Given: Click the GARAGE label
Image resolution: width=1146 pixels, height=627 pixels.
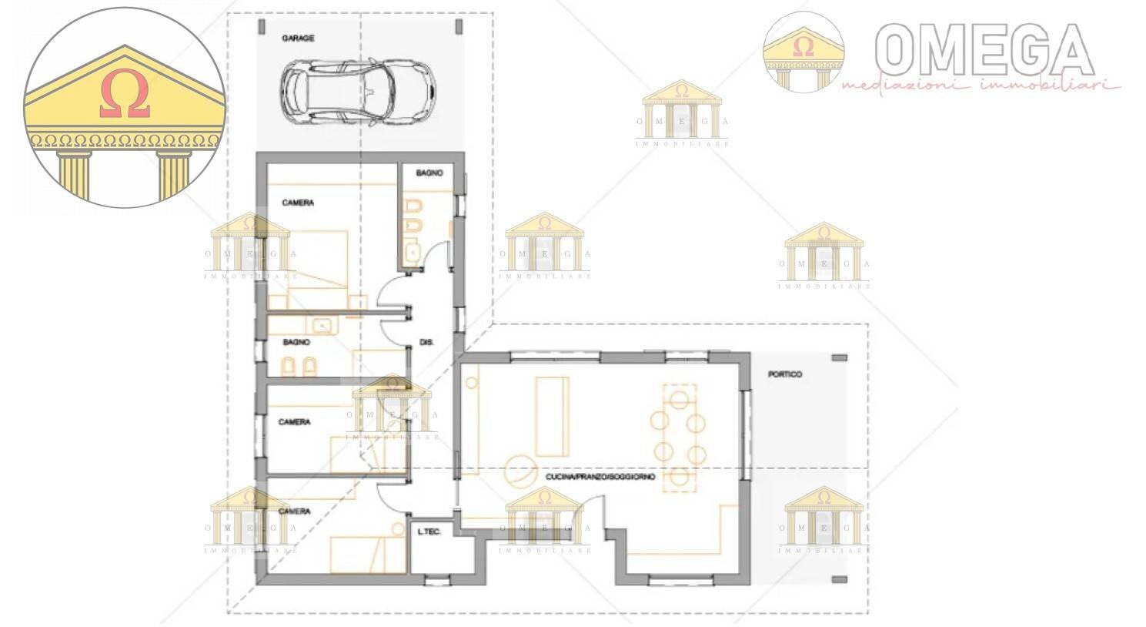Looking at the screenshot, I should pyautogui.click(x=298, y=38).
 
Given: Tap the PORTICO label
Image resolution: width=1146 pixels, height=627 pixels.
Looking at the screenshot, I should pyautogui.click(x=785, y=374).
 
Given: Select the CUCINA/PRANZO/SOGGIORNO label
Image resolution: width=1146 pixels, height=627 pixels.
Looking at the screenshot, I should pyautogui.click(x=600, y=478).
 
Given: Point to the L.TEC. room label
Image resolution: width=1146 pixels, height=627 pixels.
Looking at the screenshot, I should pyautogui.click(x=429, y=532).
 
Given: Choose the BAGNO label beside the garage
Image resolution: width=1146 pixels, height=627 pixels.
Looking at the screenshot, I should pyautogui.click(x=429, y=173).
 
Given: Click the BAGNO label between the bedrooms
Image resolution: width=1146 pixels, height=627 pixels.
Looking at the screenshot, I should pyautogui.click(x=296, y=342).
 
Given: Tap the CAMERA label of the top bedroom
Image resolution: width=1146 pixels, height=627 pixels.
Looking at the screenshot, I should pyautogui.click(x=298, y=203).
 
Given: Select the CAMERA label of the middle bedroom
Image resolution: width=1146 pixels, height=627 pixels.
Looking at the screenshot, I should pyautogui.click(x=294, y=422).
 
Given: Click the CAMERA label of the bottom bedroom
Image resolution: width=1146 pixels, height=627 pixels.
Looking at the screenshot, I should pyautogui.click(x=294, y=511).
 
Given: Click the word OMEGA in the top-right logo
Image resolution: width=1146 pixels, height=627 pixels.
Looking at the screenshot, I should pyautogui.click(x=985, y=48).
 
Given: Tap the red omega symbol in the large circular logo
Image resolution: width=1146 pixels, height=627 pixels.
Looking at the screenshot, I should pyautogui.click(x=124, y=96).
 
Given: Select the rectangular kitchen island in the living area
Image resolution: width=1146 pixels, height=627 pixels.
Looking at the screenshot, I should pyautogui.click(x=553, y=416).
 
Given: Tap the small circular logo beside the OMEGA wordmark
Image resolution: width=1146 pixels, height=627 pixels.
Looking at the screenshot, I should pyautogui.click(x=803, y=52).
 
